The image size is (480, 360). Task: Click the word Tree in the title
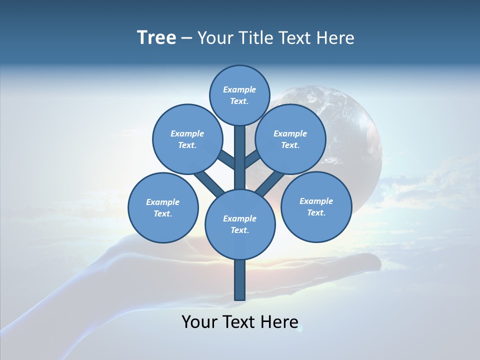point(156,38)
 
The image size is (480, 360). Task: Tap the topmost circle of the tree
point(240,95)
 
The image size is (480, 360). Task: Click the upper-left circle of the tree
point(187,139)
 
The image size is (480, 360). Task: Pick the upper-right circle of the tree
point(290,139)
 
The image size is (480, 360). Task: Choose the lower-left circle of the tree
point(163,207)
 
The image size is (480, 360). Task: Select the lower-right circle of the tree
point(316,206)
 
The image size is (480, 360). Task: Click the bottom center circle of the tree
point(240,224)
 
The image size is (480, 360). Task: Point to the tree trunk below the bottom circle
point(240,280)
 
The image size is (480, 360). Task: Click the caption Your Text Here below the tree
point(240,321)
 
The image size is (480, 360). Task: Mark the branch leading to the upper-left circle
point(227,160)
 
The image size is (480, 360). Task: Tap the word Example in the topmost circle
point(239,89)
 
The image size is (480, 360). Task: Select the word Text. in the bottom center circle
point(239,230)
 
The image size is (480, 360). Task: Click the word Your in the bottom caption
point(199,321)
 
